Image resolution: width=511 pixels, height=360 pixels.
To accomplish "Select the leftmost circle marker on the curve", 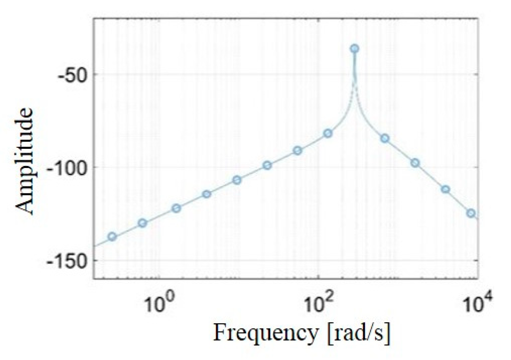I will pyautogui.click(x=112, y=237).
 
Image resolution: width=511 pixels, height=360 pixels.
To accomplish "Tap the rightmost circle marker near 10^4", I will pyautogui.click(x=471, y=213).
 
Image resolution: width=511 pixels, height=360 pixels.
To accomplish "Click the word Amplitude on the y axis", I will pyautogui.click(x=25, y=161).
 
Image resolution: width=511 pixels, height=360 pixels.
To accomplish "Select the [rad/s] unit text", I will pyautogui.click(x=358, y=333).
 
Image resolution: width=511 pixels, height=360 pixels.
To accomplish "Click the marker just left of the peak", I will pyautogui.click(x=328, y=133).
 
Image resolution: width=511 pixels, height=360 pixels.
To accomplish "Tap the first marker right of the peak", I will pyautogui.click(x=385, y=138).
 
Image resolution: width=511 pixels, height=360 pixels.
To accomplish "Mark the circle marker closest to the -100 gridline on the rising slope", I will pyautogui.click(x=267, y=165).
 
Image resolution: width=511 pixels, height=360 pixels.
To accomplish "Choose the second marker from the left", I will pyautogui.click(x=143, y=223).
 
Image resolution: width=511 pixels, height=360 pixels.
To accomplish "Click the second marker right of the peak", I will pyautogui.click(x=415, y=163).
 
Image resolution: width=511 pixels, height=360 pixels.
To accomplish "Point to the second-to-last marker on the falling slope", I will pyautogui.click(x=445, y=189).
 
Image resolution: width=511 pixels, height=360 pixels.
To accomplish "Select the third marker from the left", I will pyautogui.click(x=176, y=208).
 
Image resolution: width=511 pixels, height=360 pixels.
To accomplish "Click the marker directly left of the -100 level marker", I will pyautogui.click(x=237, y=180).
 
